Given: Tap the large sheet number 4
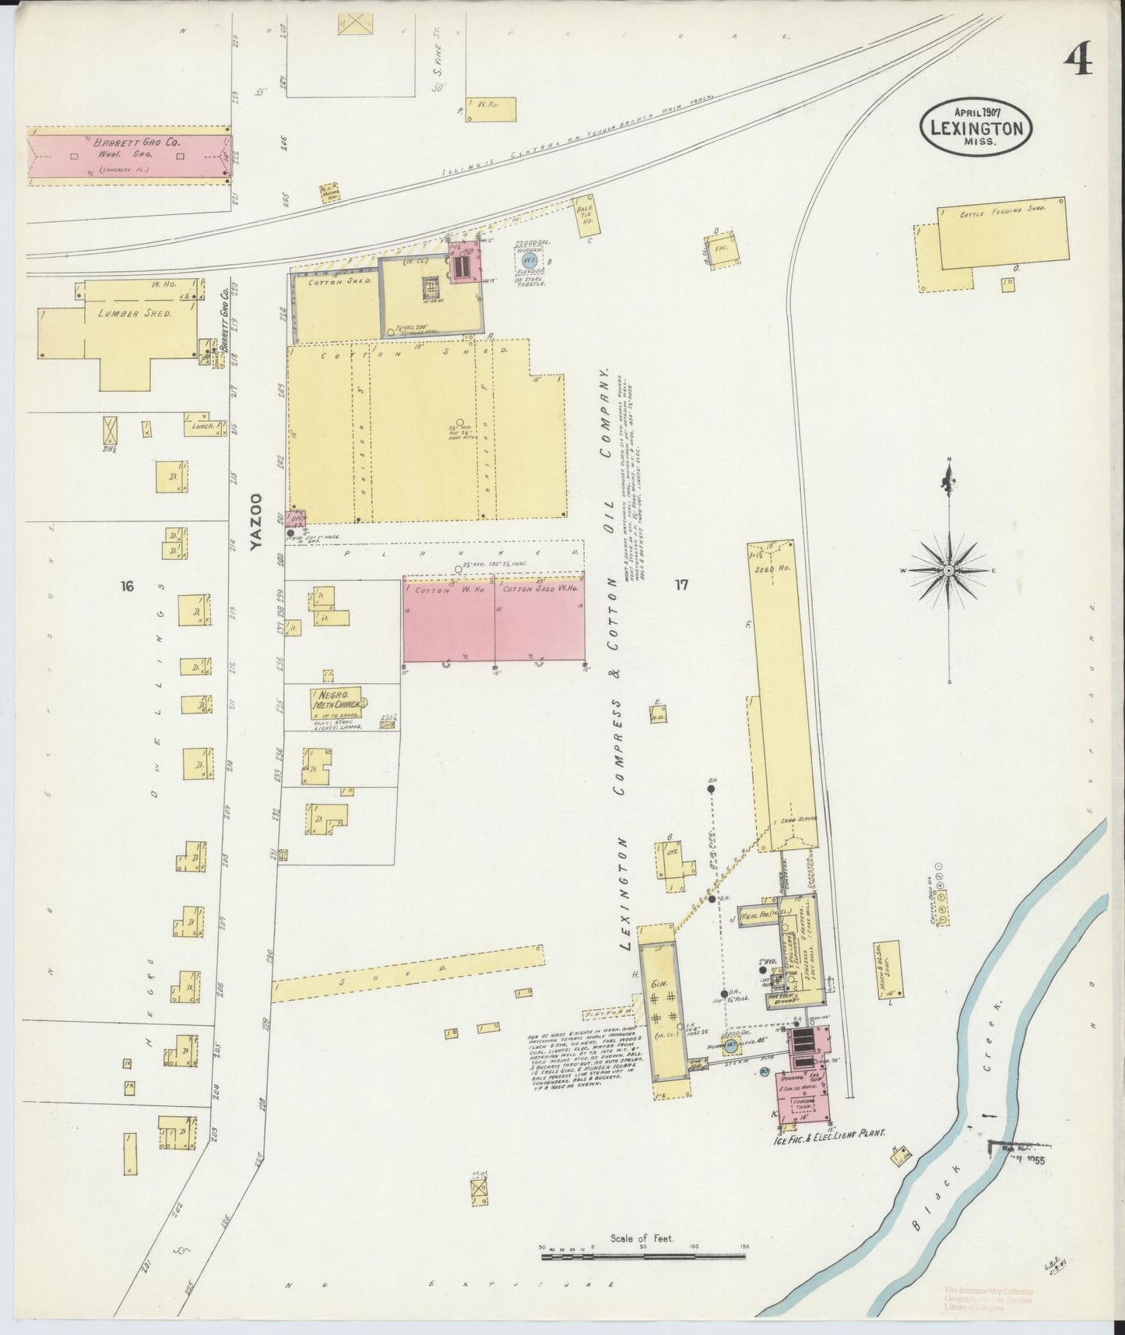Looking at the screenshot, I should pos(1078,60).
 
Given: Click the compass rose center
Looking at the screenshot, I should pos(948,571).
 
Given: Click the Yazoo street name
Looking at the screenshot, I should pos(257,520).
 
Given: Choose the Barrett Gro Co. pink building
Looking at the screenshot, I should pos(129,155).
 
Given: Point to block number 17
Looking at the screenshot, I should pos(681,586).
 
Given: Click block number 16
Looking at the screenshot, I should pos(128,586).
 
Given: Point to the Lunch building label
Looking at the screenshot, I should pos(199,425).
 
